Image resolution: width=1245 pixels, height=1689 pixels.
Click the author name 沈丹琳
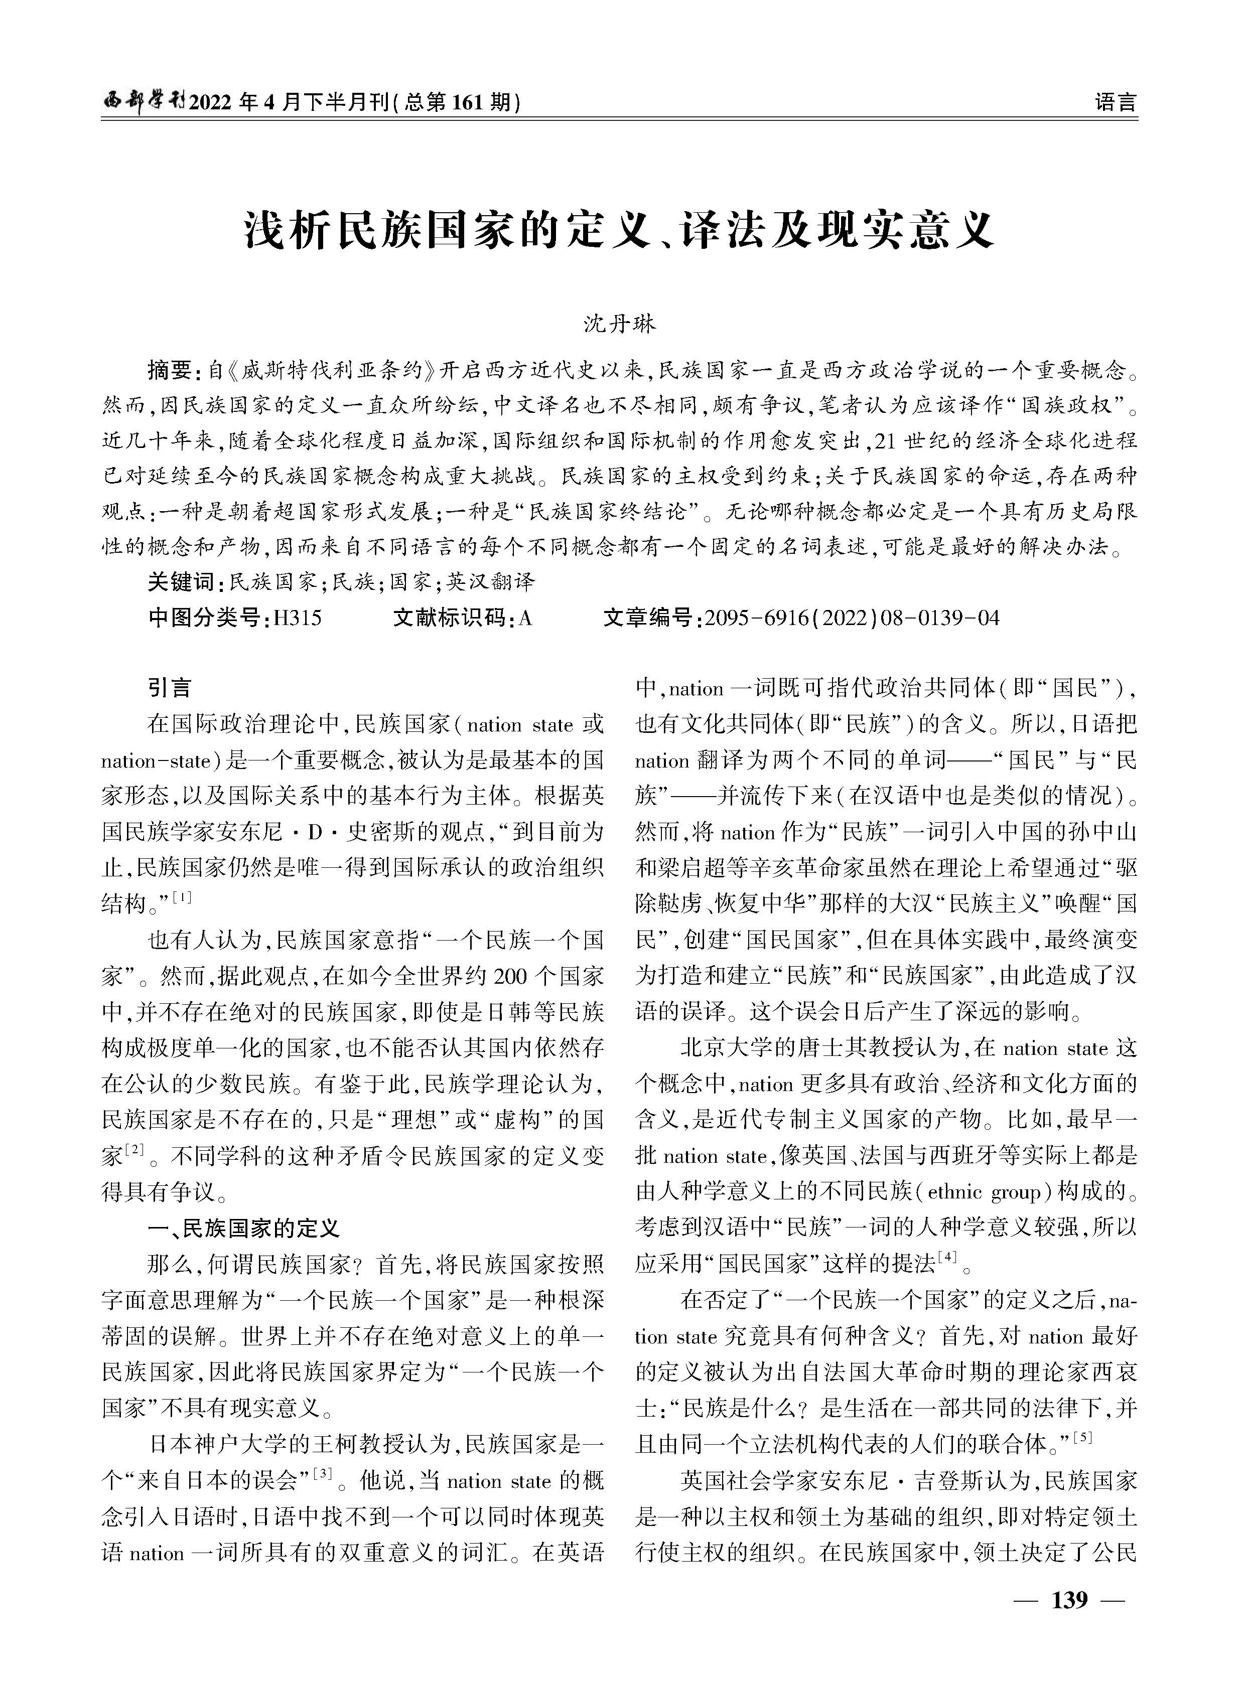tap(620, 324)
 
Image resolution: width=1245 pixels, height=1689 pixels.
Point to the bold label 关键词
tap(182, 581)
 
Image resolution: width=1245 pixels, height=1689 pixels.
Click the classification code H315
tap(297, 619)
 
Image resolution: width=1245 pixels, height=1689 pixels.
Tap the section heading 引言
tap(170, 688)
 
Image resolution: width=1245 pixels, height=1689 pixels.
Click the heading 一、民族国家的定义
tap(243, 1229)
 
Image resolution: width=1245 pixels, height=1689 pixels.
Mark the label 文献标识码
tap(451, 619)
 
